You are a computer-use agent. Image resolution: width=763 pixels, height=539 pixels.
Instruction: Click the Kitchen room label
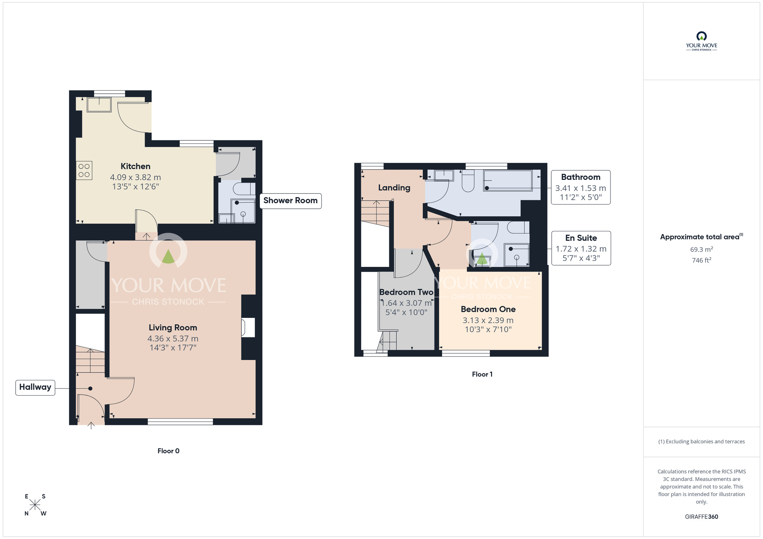coord(135,167)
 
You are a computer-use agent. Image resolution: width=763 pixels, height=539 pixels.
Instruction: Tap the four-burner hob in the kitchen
coord(84,170)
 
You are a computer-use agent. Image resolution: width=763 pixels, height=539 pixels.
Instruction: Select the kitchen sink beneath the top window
coord(99,104)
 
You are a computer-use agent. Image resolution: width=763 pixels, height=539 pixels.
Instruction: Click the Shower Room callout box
coord(290,201)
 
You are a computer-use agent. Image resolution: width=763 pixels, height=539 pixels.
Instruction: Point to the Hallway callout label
coord(35,387)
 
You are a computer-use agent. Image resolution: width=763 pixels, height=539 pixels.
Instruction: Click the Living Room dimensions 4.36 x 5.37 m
coord(173,338)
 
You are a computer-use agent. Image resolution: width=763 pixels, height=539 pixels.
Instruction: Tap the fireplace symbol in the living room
coord(248,327)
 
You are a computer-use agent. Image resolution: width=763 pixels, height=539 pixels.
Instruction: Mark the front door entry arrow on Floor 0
coord(91,425)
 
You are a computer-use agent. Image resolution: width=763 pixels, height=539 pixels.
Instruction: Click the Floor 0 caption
coord(168,451)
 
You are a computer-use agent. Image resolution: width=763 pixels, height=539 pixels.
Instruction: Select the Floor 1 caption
coord(482,374)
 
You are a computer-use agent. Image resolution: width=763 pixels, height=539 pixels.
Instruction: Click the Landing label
coord(394,188)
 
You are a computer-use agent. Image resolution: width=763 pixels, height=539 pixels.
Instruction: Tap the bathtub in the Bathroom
coord(507,181)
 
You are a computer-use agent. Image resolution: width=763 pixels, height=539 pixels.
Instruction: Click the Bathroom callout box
coord(580,187)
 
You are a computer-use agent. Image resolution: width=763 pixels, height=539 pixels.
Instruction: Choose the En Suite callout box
coord(581,248)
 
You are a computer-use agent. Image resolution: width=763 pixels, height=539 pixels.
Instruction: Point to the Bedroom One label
coord(488,309)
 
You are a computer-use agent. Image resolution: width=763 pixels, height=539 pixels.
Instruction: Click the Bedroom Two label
coord(406,292)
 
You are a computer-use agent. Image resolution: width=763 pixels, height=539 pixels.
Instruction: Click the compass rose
coord(35,505)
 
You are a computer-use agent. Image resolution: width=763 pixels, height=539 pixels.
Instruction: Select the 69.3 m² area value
coord(701,250)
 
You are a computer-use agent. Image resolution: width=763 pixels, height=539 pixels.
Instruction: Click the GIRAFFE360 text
coord(701,517)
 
